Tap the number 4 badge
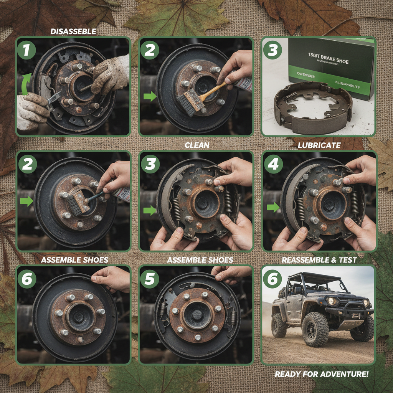pos(273,165)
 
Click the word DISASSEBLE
pos(73,32)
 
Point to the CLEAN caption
pos(197,145)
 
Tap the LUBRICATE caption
pos(319,145)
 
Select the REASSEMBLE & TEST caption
pos(319,260)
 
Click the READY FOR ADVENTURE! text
pos(322,374)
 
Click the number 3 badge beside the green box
pos(272,50)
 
